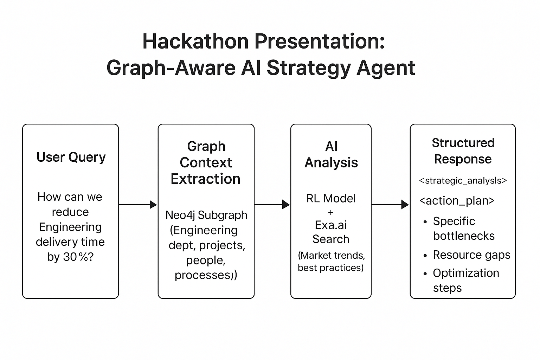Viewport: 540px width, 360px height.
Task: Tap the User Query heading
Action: pyautogui.click(x=71, y=157)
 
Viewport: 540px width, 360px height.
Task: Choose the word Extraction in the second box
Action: pyautogui.click(x=206, y=179)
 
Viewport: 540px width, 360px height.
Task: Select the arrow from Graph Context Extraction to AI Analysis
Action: pyautogui.click(x=272, y=204)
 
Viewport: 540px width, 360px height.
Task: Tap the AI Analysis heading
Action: pyautogui.click(x=331, y=154)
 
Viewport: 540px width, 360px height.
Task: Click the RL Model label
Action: pyautogui.click(x=331, y=198)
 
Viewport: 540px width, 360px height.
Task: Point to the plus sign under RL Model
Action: pyautogui.click(x=331, y=212)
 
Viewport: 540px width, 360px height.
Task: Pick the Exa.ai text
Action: pyautogui.click(x=331, y=225)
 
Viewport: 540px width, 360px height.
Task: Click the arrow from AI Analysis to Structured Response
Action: pyautogui.click(x=390, y=204)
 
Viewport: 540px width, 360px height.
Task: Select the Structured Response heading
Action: pyautogui.click(x=463, y=151)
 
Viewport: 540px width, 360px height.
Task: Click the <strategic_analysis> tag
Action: pyautogui.click(x=463, y=181)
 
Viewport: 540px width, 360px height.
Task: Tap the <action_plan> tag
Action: pyautogui.click(x=457, y=201)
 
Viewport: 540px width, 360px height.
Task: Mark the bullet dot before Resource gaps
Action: pyautogui.click(x=425, y=256)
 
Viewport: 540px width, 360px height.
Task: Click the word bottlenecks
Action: pyautogui.click(x=464, y=236)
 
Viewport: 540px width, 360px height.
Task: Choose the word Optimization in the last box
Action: pyautogui.click(x=466, y=273)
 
